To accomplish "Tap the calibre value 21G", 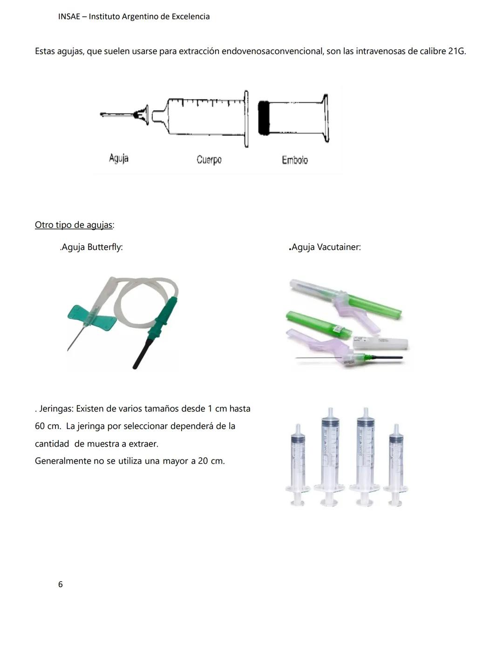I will point(456,51).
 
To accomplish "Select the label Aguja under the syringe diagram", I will point(119,158).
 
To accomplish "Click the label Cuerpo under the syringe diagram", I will point(209,160).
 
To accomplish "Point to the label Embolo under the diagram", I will point(294,160).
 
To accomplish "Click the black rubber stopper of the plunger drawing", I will point(264,118).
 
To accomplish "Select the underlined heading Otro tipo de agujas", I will point(74,225).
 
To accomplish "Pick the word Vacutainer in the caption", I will point(339,247).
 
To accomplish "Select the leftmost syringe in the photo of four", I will point(297,465).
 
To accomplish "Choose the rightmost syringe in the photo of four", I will point(396,465).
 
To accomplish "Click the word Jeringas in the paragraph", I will point(56,409).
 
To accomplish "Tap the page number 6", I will point(60,584).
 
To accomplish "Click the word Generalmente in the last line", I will point(63,461).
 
